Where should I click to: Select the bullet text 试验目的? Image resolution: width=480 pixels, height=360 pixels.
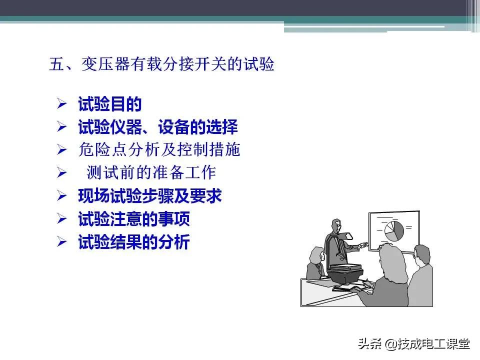pyautogui.click(x=110, y=104)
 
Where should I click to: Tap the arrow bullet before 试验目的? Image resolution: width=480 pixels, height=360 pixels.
pyautogui.click(x=61, y=104)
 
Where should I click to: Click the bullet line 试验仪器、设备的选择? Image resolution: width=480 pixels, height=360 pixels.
pyautogui.click(x=157, y=127)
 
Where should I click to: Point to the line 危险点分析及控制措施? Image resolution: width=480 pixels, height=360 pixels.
pyautogui.click(x=159, y=149)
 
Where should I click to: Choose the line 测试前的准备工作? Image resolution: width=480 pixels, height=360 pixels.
pyautogui.click(x=151, y=172)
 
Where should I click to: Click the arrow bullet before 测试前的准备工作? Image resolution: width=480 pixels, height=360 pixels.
pyautogui.click(x=61, y=173)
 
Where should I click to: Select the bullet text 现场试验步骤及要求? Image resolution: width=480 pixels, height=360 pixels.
pyautogui.click(x=149, y=196)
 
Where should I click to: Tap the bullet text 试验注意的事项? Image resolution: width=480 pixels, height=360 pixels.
pyautogui.click(x=134, y=219)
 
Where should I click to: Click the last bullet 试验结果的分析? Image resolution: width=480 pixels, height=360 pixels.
pyautogui.click(x=134, y=242)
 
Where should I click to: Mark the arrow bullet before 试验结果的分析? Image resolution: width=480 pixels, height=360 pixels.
pyautogui.click(x=61, y=242)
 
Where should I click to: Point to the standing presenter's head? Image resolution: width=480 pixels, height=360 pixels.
pyautogui.click(x=335, y=226)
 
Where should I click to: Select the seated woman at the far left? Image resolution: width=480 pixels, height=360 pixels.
pyautogui.click(x=315, y=262)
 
